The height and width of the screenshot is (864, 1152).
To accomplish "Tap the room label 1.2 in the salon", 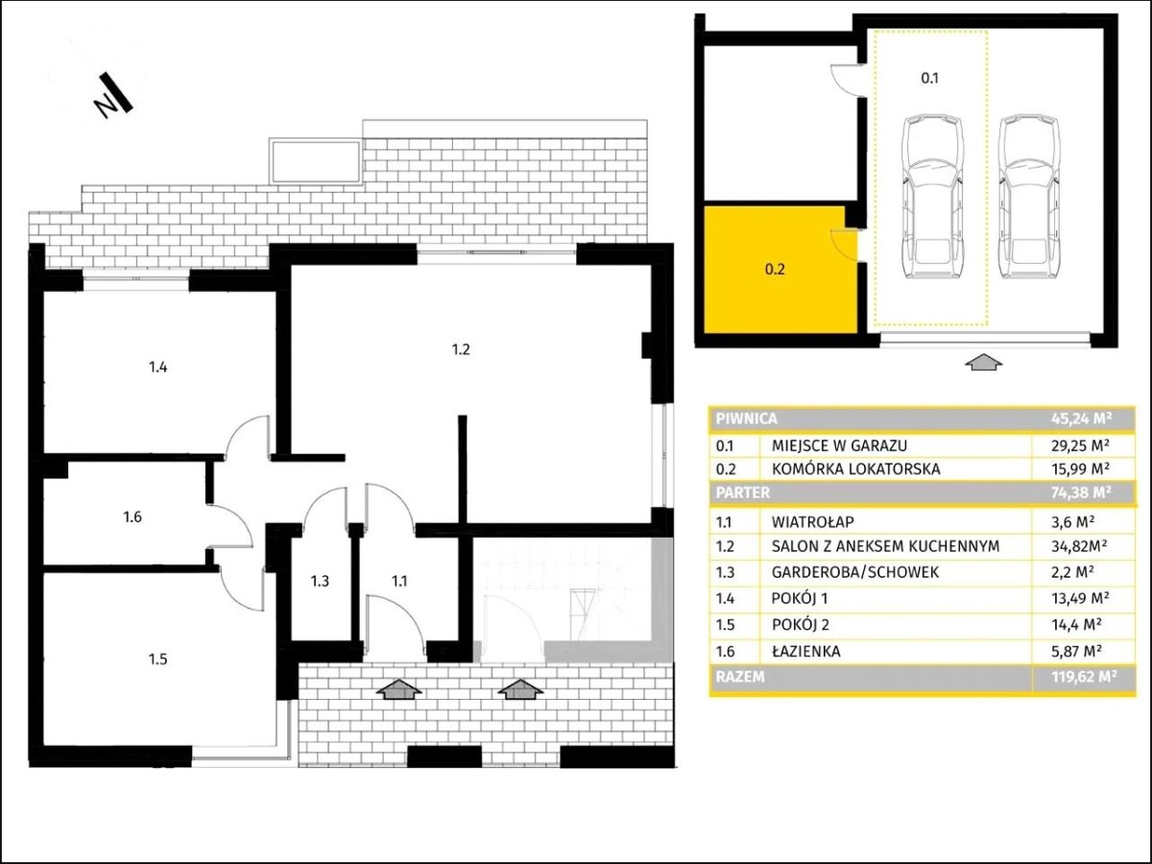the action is (x=461, y=349).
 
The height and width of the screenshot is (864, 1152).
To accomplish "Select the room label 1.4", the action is (x=158, y=368).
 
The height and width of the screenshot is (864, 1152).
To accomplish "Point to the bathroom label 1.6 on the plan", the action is (x=132, y=517).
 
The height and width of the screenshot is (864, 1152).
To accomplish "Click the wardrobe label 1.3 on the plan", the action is (x=320, y=581).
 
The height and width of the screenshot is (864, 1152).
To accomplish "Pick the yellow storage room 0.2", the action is (x=780, y=270).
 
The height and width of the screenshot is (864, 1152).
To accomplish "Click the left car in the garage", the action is (x=932, y=196).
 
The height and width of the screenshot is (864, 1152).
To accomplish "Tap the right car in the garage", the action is (x=1029, y=196).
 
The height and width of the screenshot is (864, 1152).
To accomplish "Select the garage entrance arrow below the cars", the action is (x=984, y=363).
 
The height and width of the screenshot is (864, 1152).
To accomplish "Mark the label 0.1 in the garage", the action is (x=929, y=78).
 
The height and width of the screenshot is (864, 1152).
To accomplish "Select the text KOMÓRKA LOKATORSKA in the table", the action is (x=855, y=468).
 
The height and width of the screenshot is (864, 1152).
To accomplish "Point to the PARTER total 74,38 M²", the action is (x=1081, y=492).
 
